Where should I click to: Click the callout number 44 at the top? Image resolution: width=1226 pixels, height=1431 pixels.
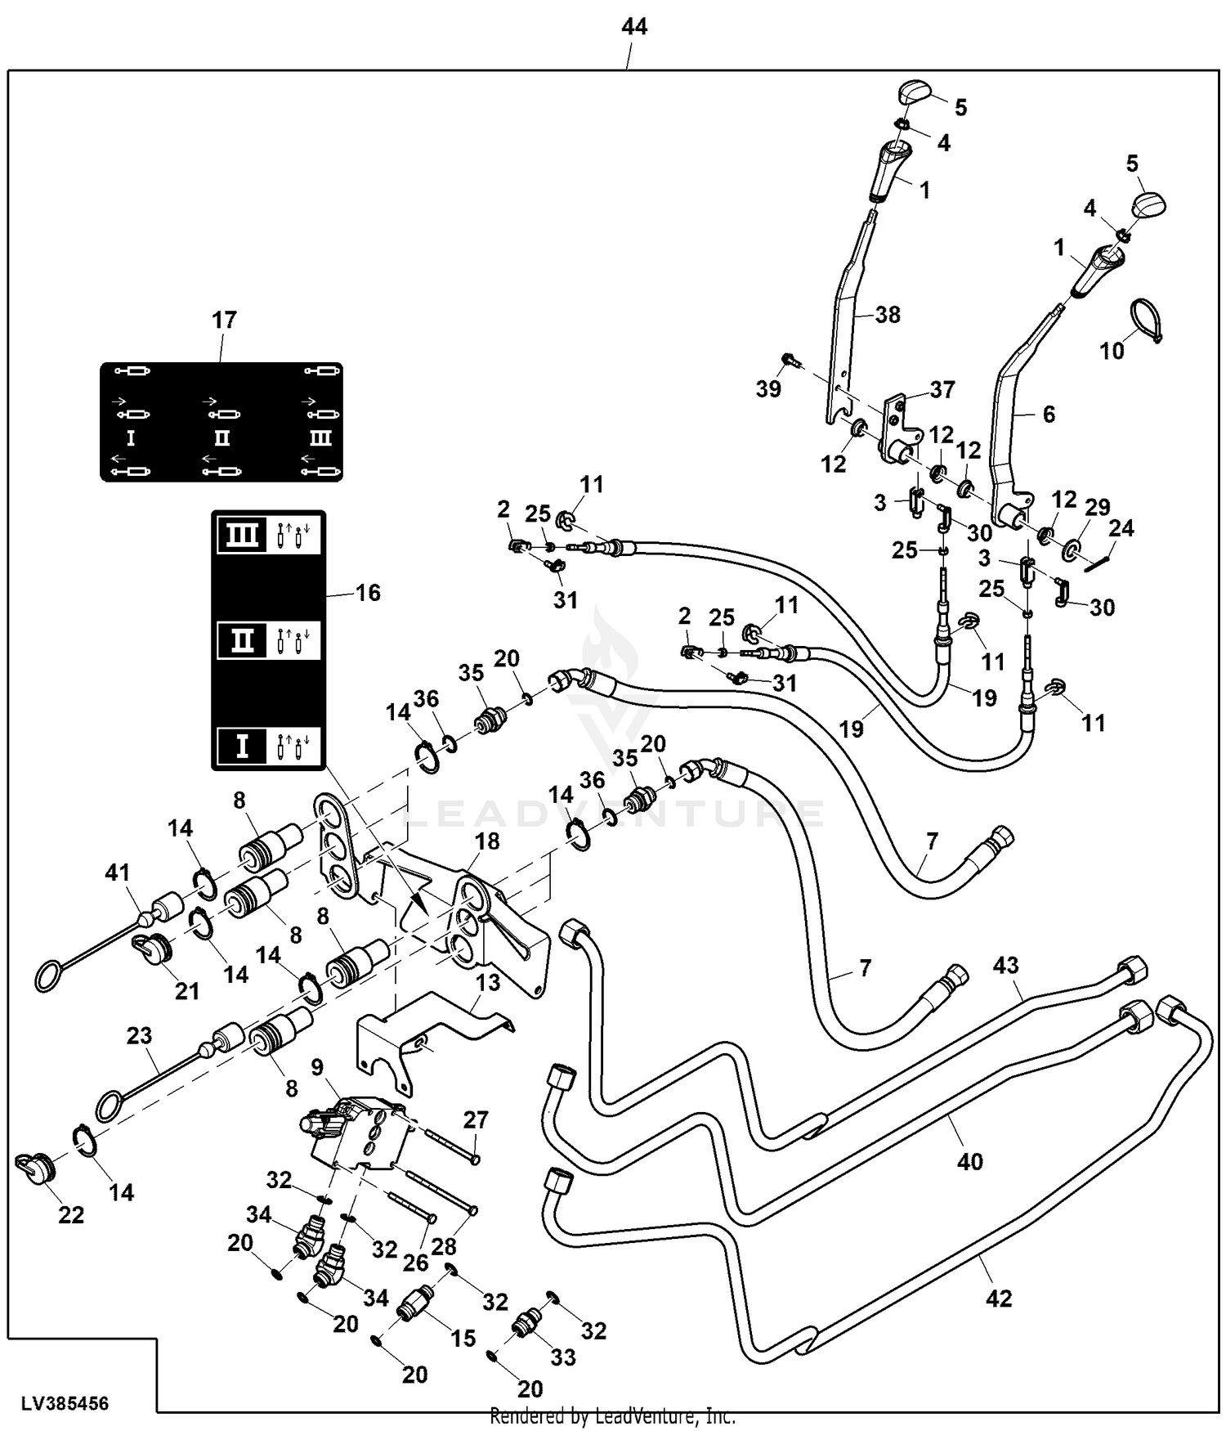pyautogui.click(x=634, y=27)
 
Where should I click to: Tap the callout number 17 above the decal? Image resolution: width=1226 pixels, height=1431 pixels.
pyautogui.click(x=224, y=320)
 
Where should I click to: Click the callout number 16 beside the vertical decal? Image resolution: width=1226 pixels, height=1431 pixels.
pyautogui.click(x=368, y=592)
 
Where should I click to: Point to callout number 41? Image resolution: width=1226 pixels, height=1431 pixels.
pyautogui.click(x=118, y=873)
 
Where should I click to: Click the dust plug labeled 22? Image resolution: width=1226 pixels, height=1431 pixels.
pyautogui.click(x=34, y=1167)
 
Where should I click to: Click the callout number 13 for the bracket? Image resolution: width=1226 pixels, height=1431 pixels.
pyautogui.click(x=488, y=981)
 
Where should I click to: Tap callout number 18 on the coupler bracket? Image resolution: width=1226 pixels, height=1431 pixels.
pyautogui.click(x=487, y=841)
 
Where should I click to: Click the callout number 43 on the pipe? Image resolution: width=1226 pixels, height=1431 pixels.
pyautogui.click(x=1005, y=965)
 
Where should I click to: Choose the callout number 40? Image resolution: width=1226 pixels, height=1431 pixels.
pyautogui.click(x=969, y=1160)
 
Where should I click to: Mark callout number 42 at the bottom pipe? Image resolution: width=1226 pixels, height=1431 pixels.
pyautogui.click(x=999, y=1298)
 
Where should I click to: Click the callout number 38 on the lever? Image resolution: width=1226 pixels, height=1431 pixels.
pyautogui.click(x=887, y=314)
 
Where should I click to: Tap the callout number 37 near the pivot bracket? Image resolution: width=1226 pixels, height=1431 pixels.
pyautogui.click(x=942, y=389)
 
